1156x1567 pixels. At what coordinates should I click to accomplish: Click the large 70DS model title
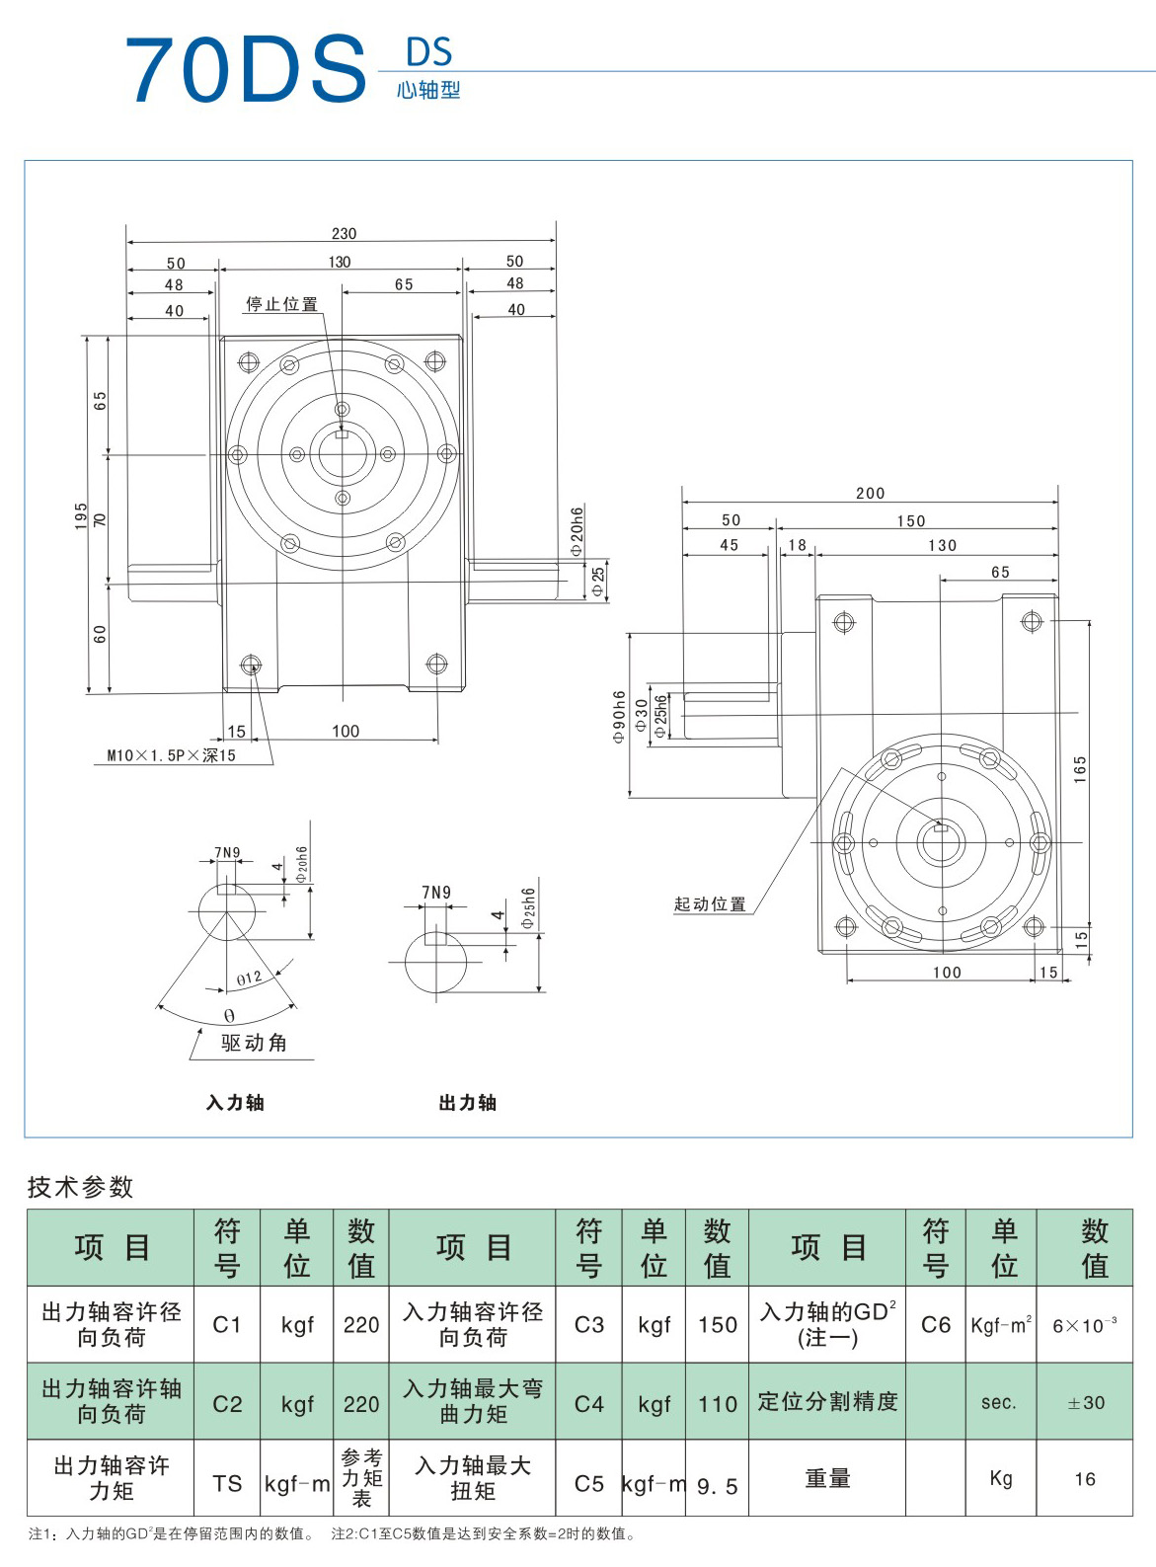pyautogui.click(x=245, y=69)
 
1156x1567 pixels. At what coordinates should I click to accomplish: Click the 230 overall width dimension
pyautogui.click(x=344, y=234)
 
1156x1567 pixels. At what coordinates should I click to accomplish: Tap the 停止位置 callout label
pyautogui.click(x=281, y=304)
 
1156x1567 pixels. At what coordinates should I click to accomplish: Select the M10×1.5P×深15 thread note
pyautogui.click(x=172, y=755)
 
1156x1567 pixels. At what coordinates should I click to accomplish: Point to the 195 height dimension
pyautogui.click(x=81, y=515)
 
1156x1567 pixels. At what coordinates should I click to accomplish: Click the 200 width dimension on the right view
pyautogui.click(x=870, y=493)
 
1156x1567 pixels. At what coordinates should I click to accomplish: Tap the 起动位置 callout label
pyautogui.click(x=710, y=903)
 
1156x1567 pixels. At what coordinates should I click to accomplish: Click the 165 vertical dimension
pyautogui.click(x=1080, y=769)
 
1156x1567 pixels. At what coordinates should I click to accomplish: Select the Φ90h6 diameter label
pyautogui.click(x=619, y=716)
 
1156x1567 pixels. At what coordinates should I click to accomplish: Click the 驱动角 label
pyautogui.click(x=254, y=1043)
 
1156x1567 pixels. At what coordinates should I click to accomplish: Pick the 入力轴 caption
pyautogui.click(x=235, y=1103)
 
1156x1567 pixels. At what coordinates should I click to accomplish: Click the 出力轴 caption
pyautogui.click(x=467, y=1103)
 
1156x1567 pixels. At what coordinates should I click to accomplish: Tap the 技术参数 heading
pyautogui.click(x=80, y=1186)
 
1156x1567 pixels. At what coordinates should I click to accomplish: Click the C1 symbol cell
pyautogui.click(x=227, y=1324)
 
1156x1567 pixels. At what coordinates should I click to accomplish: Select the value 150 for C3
pyautogui.click(x=717, y=1324)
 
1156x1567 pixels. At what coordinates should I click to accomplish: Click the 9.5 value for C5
pyautogui.click(x=717, y=1486)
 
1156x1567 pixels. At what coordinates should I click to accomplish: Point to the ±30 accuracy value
pyautogui.click(x=1085, y=1402)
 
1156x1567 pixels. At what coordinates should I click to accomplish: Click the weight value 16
pyautogui.click(x=1085, y=1479)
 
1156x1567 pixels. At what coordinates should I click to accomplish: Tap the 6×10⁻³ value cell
pyautogui.click(x=1085, y=1325)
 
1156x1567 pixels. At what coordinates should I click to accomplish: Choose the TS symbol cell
pyautogui.click(x=227, y=1483)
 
